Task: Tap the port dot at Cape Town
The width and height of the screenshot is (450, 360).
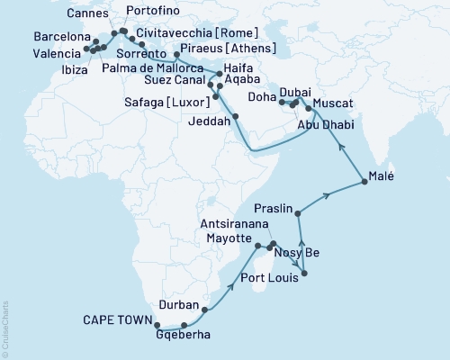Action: (x=157, y=326)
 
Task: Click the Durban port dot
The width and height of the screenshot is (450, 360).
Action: (x=204, y=310)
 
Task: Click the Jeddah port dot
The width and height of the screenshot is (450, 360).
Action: (x=235, y=117)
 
